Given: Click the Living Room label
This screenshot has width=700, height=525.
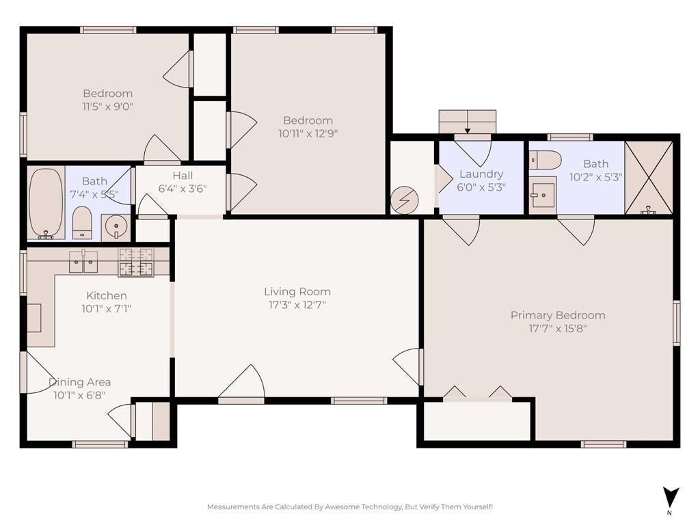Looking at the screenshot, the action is click(297, 291).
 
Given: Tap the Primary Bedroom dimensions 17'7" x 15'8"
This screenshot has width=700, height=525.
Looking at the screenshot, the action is click(558, 329).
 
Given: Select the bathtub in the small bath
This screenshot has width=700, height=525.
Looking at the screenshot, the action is click(46, 203).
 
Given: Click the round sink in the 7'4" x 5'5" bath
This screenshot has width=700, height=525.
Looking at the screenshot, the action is click(116, 227).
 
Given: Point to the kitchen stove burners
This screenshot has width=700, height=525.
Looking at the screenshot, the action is click(136, 262).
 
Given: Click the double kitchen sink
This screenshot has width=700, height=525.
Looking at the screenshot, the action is click(83, 262).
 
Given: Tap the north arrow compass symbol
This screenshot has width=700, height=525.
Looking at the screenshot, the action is click(671, 500).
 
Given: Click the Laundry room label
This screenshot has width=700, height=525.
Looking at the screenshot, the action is click(481, 174).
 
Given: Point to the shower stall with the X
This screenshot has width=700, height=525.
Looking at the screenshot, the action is click(649, 178).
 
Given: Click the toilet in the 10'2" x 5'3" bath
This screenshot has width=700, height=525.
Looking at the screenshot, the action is click(545, 160).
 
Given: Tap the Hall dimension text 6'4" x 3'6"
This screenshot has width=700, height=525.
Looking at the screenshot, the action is click(183, 189).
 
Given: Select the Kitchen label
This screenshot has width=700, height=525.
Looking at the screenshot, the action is click(106, 295).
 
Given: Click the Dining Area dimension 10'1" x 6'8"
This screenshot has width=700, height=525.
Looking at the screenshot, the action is click(79, 395).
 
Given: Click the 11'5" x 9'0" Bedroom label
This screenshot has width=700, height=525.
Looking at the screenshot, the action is click(108, 94).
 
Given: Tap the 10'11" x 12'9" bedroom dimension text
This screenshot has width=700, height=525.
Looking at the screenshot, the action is click(308, 133).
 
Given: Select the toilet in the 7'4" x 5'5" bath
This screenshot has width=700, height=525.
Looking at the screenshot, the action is click(82, 222).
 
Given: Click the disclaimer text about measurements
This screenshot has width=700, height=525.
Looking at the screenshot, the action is click(350, 507).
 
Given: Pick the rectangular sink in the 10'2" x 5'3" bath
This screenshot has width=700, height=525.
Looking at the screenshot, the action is click(543, 196).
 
